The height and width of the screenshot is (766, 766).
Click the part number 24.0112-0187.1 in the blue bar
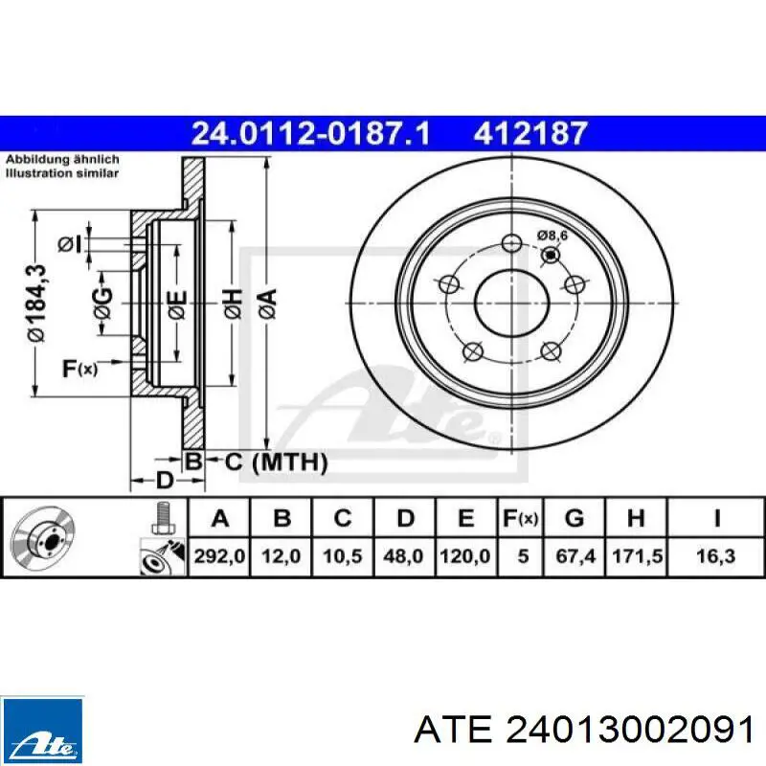tap(310, 133)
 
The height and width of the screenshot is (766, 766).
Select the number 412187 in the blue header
tap(530, 133)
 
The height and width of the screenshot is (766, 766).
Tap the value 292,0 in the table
tap(219, 556)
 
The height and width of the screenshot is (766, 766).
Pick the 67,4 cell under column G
tap(575, 556)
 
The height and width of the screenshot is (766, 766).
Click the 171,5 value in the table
tap(637, 556)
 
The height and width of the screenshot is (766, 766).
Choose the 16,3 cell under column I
tap(715, 556)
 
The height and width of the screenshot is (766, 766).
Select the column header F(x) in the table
tap(521, 518)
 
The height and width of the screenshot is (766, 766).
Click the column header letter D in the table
tap(405, 518)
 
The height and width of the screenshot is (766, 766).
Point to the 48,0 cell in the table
tap(403, 556)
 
